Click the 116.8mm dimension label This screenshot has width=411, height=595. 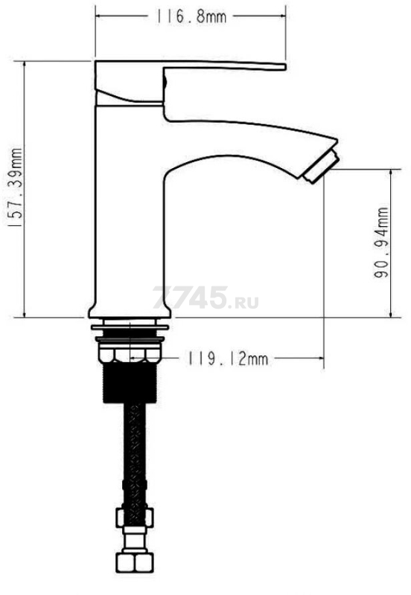[x=191, y=16]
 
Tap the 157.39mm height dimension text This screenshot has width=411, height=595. [x=16, y=188]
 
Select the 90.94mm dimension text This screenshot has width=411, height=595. [x=381, y=242]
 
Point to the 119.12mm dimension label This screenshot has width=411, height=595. [x=227, y=358]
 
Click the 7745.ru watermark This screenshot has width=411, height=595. [x=205, y=298]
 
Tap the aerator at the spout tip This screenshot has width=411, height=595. [x=322, y=167]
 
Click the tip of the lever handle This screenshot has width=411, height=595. [x=284, y=67]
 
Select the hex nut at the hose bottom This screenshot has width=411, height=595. [x=136, y=561]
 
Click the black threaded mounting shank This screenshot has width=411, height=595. [x=130, y=382]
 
